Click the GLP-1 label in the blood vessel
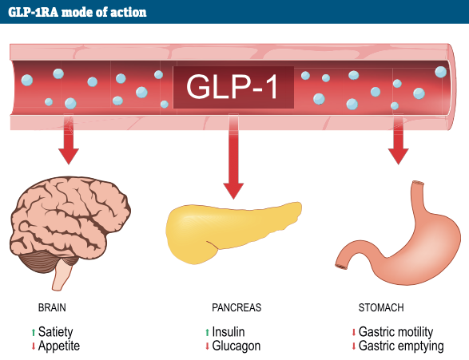pyautogui.click(x=233, y=87)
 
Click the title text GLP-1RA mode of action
pyautogui.click(x=78, y=12)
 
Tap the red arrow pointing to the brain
pyautogui.click(x=69, y=139)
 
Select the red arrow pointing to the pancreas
pyautogui.click(x=233, y=156)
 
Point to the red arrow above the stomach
pyautogui.click(x=399, y=139)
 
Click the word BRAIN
pyautogui.click(x=52, y=307)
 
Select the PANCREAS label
pyautogui.click(x=236, y=307)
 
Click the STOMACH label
pyautogui.click(x=381, y=307)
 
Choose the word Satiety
pyautogui.click(x=56, y=332)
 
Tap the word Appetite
pyautogui.click(x=59, y=346)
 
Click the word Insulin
pyautogui.click(x=229, y=332)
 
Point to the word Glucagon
pyautogui.click(x=236, y=346)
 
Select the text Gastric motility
pyautogui.click(x=395, y=332)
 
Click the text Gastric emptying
pyautogui.click(x=401, y=346)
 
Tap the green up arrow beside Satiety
pyautogui.click(x=34, y=332)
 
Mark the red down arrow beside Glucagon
pyautogui.click(x=207, y=346)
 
